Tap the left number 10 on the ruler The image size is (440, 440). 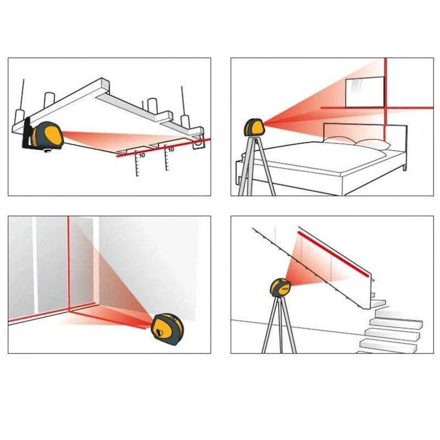pyautogui.click(x=142, y=156)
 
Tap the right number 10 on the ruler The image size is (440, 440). pyautogui.click(x=171, y=149)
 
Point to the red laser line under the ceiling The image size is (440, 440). pyautogui.click(x=165, y=149)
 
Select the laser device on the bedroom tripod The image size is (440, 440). pyautogui.click(x=255, y=127)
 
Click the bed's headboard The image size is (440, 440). pyautogui.click(x=363, y=132)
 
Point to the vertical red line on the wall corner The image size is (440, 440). pyautogui.click(x=68, y=264)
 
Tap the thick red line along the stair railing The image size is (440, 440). pyautogui.click(x=333, y=254)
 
